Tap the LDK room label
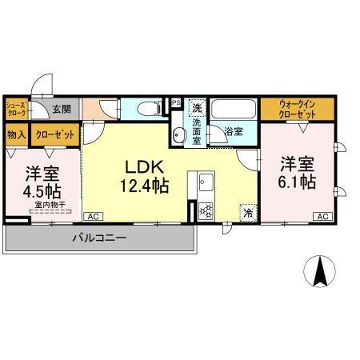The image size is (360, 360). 144,168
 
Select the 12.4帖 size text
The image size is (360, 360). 144,186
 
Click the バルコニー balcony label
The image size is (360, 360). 96,238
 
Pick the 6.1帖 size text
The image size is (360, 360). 297,182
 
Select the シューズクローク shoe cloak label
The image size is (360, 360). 16,109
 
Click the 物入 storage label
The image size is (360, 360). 16,134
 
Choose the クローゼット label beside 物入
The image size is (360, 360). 55,134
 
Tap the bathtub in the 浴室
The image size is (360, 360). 235,110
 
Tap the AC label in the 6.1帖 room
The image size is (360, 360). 324,217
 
